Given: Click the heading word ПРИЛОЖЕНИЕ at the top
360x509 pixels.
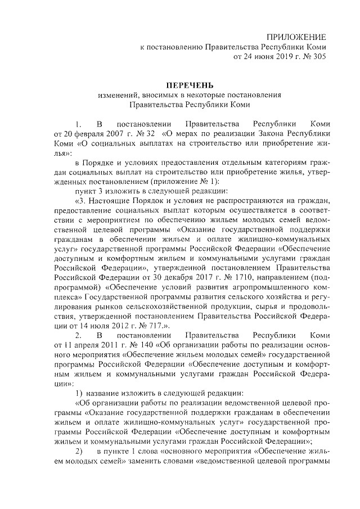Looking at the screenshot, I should tap(296, 37).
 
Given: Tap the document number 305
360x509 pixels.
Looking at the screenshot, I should tap(318, 57).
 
